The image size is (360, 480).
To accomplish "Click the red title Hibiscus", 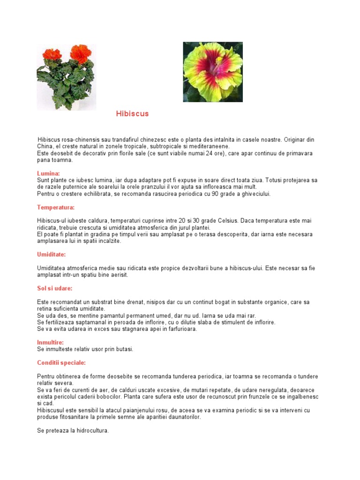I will click(x=132, y=114).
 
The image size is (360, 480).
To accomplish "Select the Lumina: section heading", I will click(x=49, y=173).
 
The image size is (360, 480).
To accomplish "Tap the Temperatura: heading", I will click(x=56, y=207).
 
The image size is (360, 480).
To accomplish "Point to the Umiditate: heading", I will click(x=52, y=255).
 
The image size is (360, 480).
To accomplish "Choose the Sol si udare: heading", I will click(x=55, y=288).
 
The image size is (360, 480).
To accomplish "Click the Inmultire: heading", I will click(x=50, y=342).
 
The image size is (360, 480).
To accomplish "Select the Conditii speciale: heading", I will click(x=61, y=363).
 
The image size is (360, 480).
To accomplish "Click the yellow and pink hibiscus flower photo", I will click(x=212, y=72).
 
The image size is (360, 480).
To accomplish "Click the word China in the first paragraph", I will click(x=45, y=146).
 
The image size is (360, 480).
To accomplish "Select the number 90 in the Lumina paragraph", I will click(x=215, y=194).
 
